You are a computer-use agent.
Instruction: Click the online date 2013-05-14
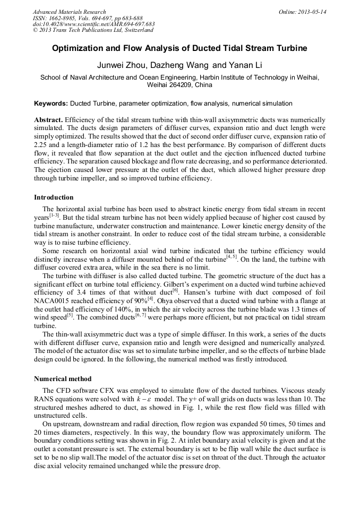coord(312,12)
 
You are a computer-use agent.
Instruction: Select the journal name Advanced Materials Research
coord(69,12)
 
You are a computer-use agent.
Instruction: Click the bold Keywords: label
coord(51,103)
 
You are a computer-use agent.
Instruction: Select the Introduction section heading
coord(54,197)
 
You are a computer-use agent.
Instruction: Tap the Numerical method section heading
coord(63,379)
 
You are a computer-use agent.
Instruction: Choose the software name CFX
coord(111,389)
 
